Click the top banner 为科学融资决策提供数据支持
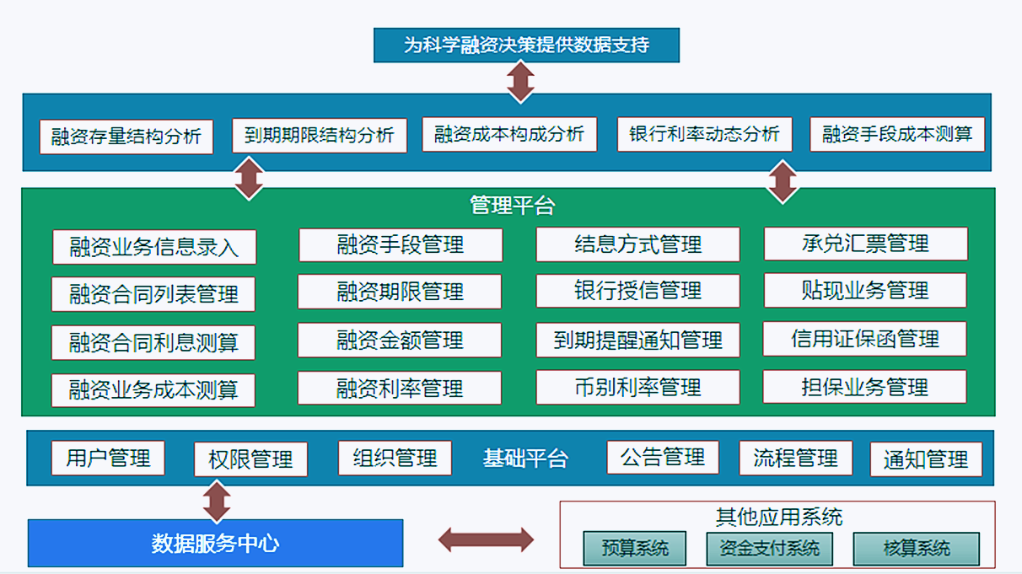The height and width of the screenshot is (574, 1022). click(526, 46)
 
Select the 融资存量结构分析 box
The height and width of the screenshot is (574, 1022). click(126, 137)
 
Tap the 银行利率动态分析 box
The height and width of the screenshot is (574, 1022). click(704, 135)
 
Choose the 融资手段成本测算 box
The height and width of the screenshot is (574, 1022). click(897, 135)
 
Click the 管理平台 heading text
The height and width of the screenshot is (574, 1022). click(513, 205)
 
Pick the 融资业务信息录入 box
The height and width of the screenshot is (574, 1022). click(154, 247)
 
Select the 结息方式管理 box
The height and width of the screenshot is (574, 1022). click(637, 244)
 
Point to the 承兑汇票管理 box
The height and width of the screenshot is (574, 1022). click(865, 244)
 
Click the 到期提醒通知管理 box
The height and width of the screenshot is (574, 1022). click(637, 341)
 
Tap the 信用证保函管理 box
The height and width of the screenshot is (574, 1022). click(864, 339)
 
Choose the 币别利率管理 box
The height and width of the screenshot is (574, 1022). click(637, 388)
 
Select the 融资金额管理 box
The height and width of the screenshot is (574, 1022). click(400, 341)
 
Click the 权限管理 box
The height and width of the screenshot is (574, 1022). click(250, 459)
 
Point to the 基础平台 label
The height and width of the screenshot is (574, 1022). click(525, 459)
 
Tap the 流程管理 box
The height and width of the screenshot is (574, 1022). click(796, 459)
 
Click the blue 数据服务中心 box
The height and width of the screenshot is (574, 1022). click(215, 543)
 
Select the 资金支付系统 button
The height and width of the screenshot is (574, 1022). click(769, 549)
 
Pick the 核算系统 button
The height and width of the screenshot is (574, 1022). click(916, 549)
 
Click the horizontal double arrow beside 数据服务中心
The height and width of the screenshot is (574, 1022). click(486, 539)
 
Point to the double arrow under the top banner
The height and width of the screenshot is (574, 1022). click(520, 82)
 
